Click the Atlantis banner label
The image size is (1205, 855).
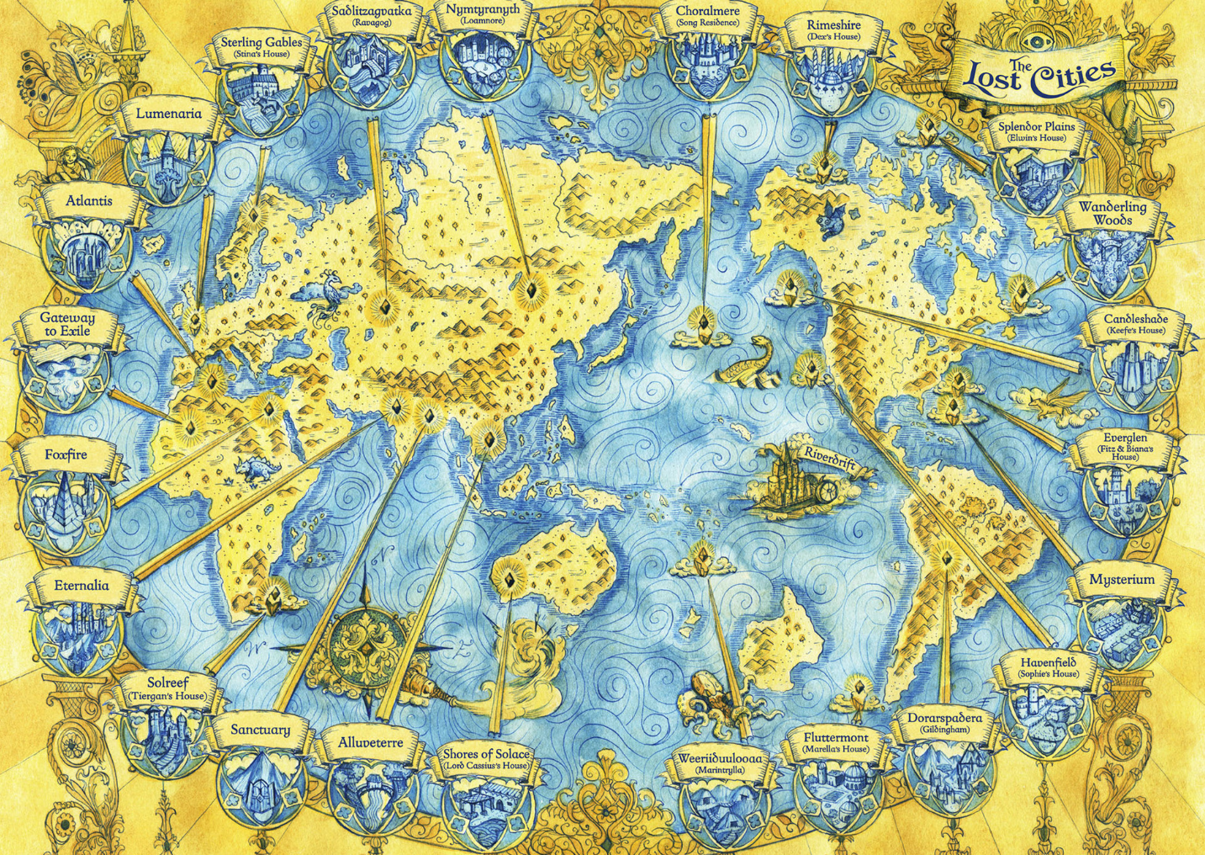click(88, 202)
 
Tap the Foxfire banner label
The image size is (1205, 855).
click(66, 455)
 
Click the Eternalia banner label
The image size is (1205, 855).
click(81, 586)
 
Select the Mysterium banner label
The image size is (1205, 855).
click(1122, 581)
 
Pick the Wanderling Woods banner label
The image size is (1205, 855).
click(1113, 213)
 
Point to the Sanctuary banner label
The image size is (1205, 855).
click(260, 730)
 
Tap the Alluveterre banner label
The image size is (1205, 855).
click(370, 743)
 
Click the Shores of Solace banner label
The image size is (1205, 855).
click(486, 758)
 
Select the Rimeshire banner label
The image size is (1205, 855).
click(833, 30)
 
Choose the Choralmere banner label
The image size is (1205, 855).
click(707, 17)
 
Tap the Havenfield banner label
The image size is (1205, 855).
click(1047, 666)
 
